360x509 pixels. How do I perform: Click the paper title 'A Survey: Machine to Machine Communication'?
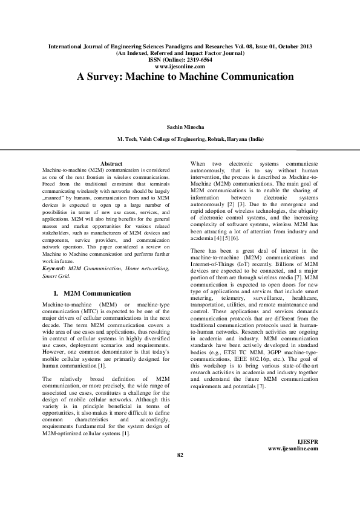point(185,77)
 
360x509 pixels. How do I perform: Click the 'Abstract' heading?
point(111,164)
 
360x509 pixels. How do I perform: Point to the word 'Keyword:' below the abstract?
point(54,268)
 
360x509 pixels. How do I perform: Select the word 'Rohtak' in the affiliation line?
point(220,138)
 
